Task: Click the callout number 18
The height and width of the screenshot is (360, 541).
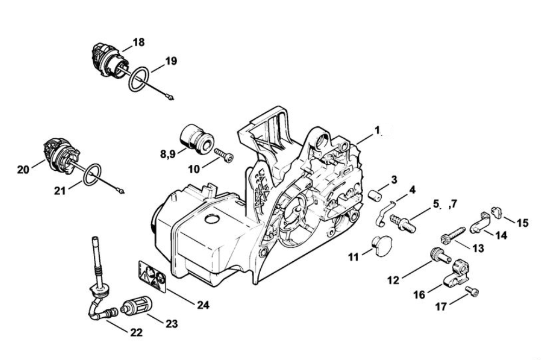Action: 138,42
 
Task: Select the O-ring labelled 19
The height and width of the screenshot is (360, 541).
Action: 139,79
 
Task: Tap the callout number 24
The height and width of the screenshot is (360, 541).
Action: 203,305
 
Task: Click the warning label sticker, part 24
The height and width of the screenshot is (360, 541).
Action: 152,276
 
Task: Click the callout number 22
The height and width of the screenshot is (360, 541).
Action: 137,332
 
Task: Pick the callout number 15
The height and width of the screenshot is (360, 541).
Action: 522,223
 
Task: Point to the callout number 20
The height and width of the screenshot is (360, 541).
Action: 23,170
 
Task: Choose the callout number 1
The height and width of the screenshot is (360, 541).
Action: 377,131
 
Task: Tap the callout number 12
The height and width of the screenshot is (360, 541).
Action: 393,280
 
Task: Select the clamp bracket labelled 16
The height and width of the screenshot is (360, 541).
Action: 455,274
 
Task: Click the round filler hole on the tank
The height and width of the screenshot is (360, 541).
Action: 212,220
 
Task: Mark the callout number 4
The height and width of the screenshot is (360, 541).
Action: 412,190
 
